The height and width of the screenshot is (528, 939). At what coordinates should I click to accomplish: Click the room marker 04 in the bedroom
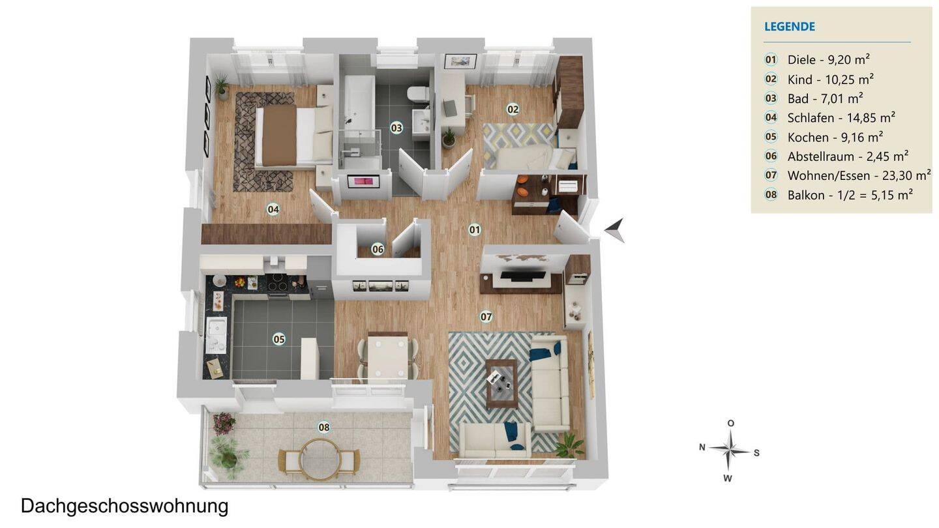pos(273,209)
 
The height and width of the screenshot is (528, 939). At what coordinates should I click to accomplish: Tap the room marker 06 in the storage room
pos(378,249)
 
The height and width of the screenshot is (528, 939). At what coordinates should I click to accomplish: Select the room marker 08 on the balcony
pos(323,427)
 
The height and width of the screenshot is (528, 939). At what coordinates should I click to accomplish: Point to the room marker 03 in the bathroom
pos(396,128)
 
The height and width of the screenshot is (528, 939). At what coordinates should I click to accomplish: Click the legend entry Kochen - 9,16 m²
pos(835,137)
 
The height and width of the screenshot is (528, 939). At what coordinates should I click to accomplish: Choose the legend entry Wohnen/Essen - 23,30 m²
pos(859,175)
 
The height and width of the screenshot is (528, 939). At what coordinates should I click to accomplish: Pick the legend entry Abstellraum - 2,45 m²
pos(848,156)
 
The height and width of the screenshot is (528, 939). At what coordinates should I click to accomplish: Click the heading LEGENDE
pos(789,26)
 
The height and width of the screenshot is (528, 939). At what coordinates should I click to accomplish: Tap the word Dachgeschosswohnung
pos(125,506)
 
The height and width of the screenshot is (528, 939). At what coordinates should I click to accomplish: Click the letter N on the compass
pos(702,447)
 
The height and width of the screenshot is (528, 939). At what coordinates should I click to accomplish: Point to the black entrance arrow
pos(615,230)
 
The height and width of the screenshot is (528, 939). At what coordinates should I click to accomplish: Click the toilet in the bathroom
pos(417,95)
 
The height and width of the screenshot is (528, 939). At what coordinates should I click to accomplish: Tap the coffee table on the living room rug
pos(501,384)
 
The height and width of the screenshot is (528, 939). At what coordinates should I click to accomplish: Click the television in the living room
pos(523,276)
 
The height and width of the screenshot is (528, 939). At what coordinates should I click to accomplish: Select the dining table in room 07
pos(387,355)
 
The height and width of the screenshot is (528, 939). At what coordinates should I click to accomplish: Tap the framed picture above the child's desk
pos(460,61)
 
